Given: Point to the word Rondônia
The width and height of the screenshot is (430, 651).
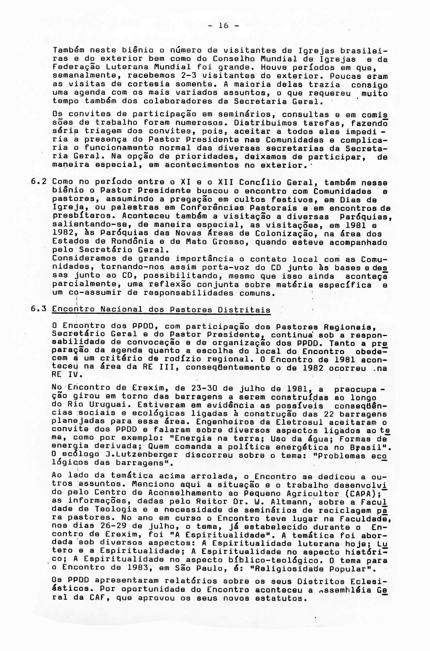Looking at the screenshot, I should pyautogui.click(x=120, y=242).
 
